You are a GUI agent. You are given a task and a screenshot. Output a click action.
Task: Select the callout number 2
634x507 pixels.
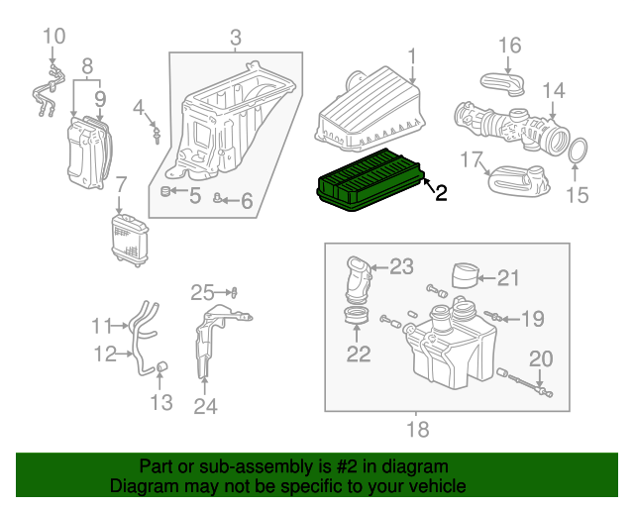pos(440,193)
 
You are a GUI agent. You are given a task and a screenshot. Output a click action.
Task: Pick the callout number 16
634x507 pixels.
pos(509,45)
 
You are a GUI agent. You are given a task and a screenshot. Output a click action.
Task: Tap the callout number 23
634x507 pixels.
pos(400,265)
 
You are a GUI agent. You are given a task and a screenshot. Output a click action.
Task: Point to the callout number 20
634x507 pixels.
pos(541,358)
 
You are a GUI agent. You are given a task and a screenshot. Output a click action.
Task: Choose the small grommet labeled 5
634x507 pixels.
pos(167,191)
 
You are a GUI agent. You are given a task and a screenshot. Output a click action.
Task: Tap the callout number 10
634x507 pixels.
pos(53,37)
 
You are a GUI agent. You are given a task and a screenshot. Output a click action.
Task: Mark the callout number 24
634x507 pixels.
pos(205,405)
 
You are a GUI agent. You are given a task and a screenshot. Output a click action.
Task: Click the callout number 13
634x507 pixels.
pos(160,401)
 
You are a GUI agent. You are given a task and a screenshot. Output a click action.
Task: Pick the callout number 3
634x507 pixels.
pos(236,39)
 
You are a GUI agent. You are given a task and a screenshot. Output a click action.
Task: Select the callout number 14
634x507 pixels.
pos(553,90)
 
